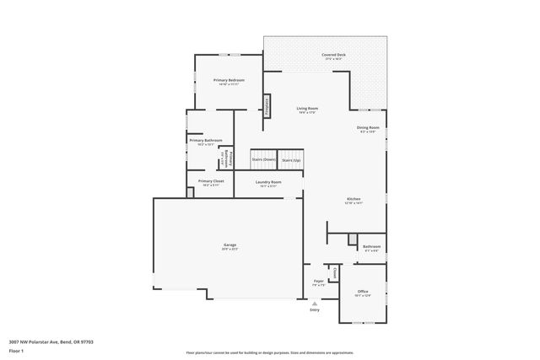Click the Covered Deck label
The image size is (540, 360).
333,56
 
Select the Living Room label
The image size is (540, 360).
306,109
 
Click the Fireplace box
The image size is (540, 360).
267,105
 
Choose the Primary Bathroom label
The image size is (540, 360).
205,141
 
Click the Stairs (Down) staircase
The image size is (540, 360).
263,159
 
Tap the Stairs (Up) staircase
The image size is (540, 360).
291,159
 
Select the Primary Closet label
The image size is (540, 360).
211,181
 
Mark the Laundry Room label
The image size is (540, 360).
268,182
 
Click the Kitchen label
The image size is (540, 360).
353,200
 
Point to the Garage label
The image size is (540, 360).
229,244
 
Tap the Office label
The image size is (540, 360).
363,292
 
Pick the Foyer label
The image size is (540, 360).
319,282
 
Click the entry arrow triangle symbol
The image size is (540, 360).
315,304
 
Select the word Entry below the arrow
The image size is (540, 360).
315,310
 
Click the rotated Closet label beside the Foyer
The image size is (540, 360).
334,273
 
